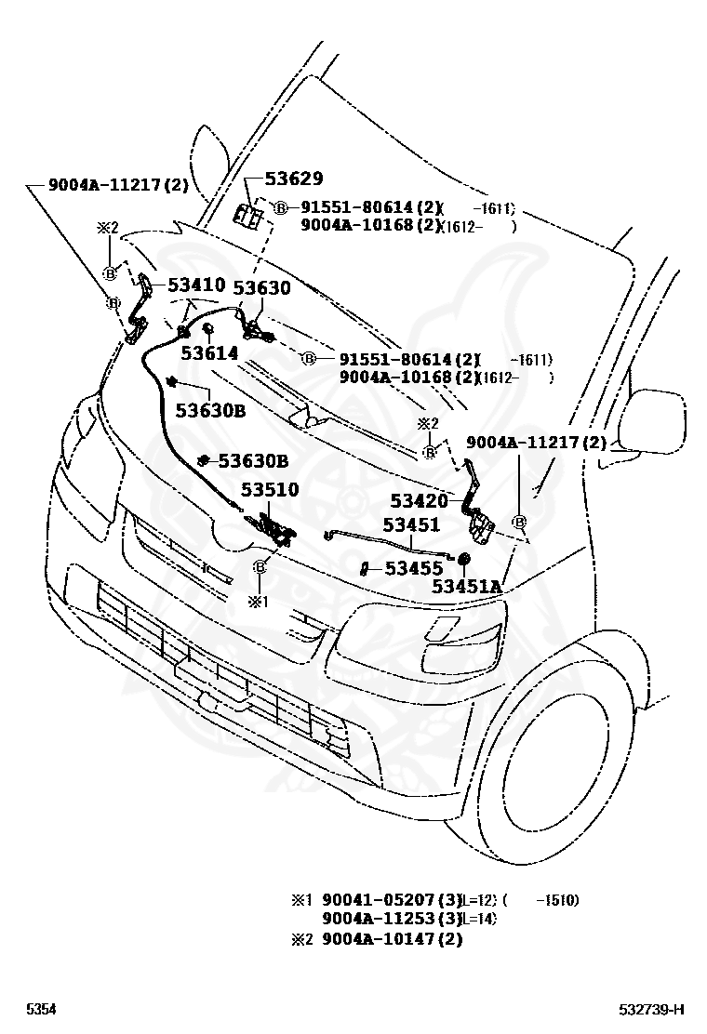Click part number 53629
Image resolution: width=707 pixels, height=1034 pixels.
(294, 179)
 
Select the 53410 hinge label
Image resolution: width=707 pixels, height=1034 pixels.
(196, 285)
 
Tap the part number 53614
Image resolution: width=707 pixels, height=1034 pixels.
(209, 353)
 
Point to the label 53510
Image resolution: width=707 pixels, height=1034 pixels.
(270, 489)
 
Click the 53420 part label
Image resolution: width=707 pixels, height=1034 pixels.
(419, 502)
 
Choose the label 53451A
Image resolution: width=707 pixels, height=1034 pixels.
(466, 587)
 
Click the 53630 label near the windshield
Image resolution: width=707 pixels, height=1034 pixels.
(261, 288)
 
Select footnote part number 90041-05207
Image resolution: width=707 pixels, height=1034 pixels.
(379, 900)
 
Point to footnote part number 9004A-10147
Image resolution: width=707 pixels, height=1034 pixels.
(379, 939)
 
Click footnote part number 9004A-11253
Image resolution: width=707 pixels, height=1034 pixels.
(379, 919)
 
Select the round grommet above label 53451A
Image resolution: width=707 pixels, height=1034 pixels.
(464, 560)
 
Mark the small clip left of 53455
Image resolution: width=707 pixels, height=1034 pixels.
(366, 567)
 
